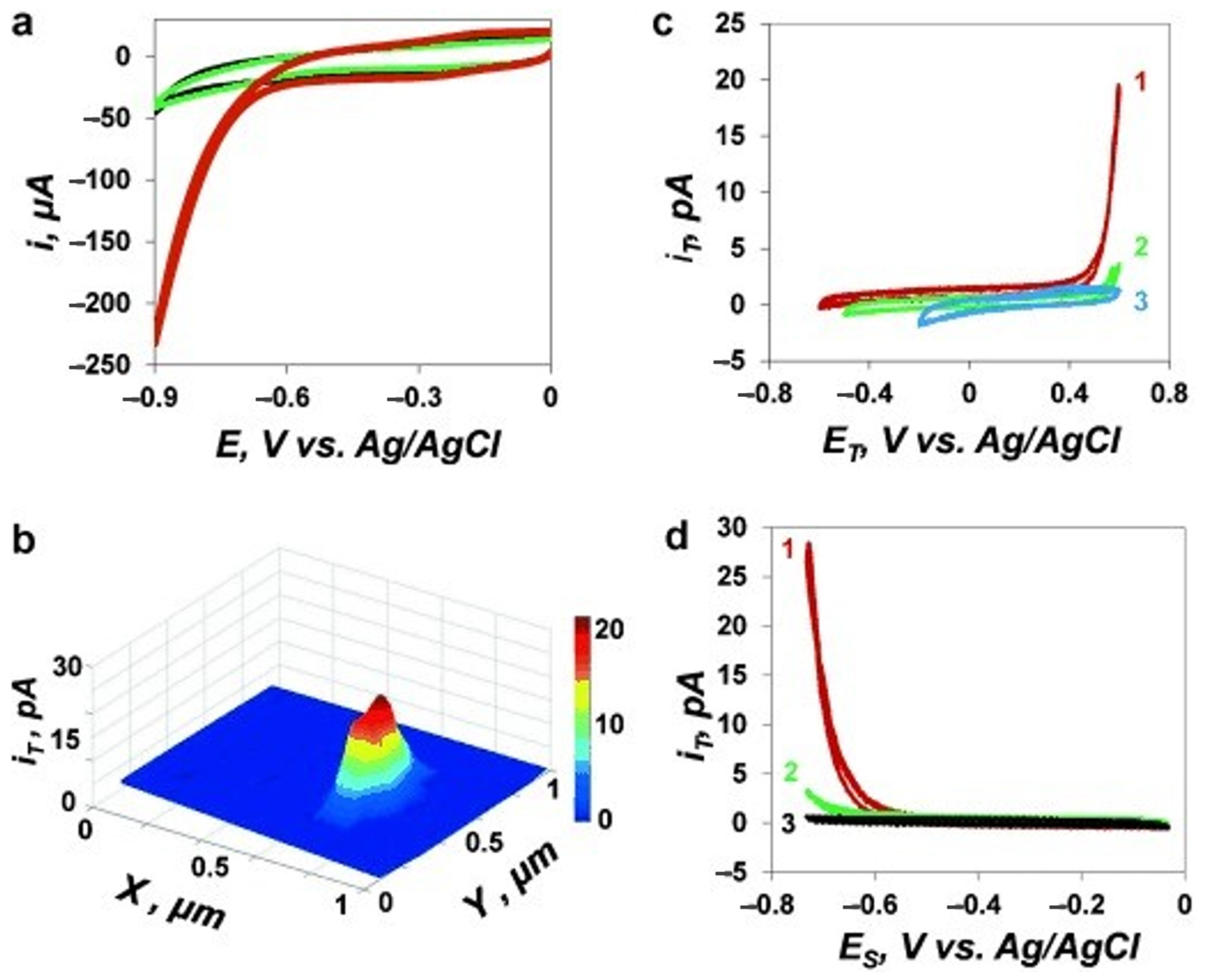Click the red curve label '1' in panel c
(x=1140, y=83)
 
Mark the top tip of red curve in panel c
(x=1119, y=86)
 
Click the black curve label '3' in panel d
(x=788, y=824)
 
